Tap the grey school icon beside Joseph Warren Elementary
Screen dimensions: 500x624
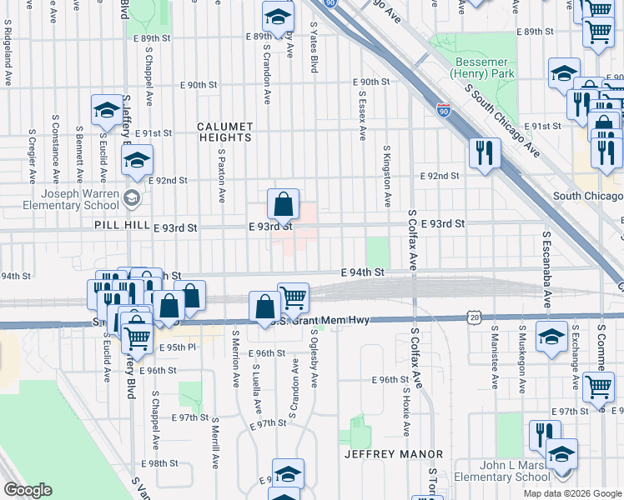(x=131, y=198)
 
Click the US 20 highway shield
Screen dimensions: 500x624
(x=475, y=317)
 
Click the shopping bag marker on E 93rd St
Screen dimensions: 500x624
(x=284, y=203)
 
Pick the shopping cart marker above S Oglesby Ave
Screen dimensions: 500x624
(x=293, y=297)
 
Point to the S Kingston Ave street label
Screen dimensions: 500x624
(x=387, y=177)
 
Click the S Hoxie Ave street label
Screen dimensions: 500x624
(x=406, y=412)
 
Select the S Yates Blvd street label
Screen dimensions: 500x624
(x=314, y=47)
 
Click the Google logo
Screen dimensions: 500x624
(x=28, y=490)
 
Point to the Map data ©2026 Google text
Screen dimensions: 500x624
(x=571, y=493)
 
